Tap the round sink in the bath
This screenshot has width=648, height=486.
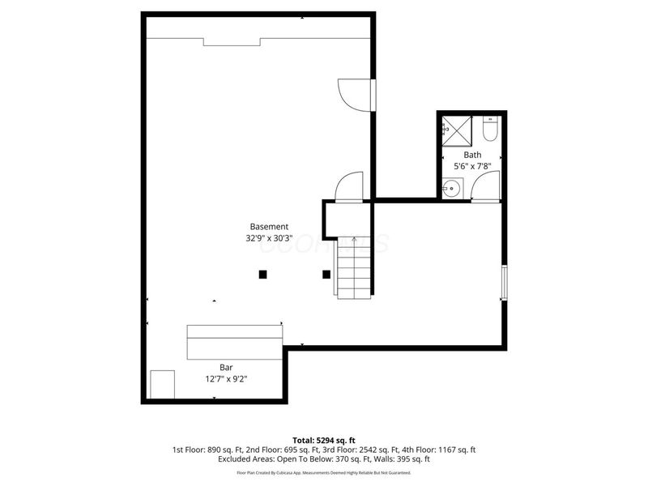451,189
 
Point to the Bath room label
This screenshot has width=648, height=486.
472,155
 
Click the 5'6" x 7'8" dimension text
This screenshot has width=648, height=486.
472,167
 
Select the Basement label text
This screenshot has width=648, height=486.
269,227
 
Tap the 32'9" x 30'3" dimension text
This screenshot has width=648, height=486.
269,239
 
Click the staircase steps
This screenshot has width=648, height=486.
353,267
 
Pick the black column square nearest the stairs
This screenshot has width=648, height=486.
326,274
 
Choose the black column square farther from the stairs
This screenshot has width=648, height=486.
262,274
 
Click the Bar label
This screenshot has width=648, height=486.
227,366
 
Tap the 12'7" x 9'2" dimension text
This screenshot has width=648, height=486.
227,378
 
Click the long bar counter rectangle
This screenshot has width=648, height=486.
235,342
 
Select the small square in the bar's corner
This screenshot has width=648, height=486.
163,384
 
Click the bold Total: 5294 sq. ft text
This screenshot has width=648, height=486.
323,441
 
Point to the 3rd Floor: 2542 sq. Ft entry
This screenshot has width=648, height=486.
375,450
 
